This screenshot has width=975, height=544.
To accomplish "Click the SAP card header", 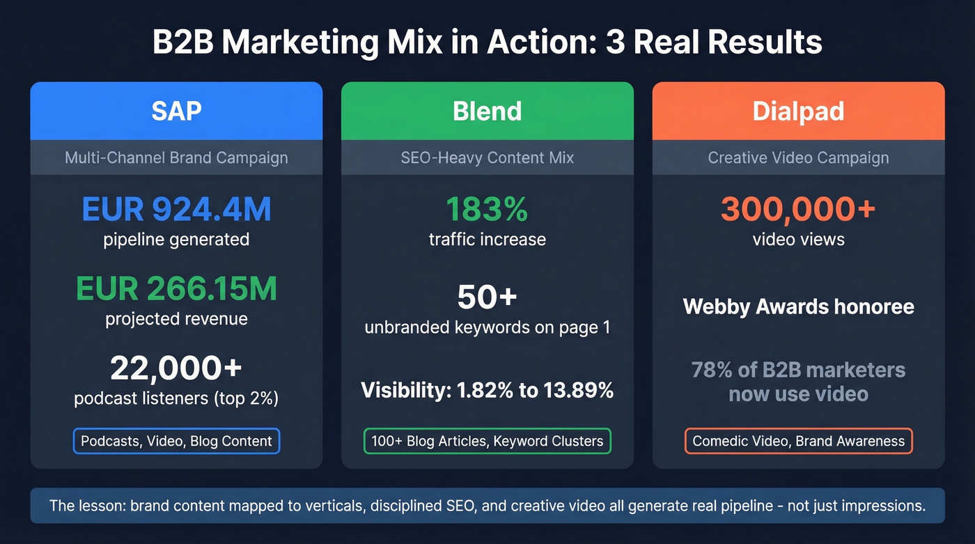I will tap(176, 111).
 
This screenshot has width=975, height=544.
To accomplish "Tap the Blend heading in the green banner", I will tap(487, 111).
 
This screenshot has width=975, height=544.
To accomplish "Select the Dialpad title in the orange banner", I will tap(798, 111).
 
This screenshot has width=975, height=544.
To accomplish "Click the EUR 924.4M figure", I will tap(176, 210).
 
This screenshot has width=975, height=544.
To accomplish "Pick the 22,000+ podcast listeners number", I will tap(176, 369).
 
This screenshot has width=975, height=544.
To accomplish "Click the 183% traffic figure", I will tap(487, 210).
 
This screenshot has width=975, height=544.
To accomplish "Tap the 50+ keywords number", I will tap(487, 297).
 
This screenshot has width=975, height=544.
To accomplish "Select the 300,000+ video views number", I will tap(798, 210).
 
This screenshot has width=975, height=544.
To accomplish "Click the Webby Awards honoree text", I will tap(798, 306).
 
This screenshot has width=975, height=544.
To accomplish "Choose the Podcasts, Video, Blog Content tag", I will tap(176, 441).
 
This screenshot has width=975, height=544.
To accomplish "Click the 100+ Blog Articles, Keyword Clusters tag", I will tap(487, 441).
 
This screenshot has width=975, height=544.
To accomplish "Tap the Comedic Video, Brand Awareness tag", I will tap(798, 441).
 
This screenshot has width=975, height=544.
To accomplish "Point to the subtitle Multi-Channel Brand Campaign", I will tap(176, 157).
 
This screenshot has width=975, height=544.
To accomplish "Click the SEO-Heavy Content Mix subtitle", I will tap(487, 157).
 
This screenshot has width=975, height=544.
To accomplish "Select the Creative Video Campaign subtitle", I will tap(798, 157).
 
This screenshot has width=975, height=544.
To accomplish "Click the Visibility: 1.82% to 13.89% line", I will tap(487, 390).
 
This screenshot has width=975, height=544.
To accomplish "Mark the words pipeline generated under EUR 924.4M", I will tap(176, 240).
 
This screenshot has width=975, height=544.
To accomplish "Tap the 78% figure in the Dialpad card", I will tap(708, 369).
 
